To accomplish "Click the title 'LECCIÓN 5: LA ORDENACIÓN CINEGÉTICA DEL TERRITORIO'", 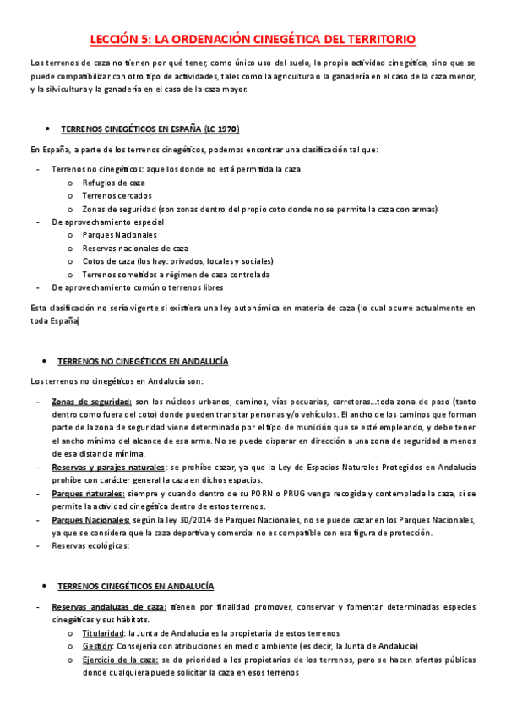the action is click(x=253, y=40).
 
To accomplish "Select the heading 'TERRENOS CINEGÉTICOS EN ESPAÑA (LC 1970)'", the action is click(x=150, y=129).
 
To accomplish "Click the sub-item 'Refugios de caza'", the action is click(x=114, y=182).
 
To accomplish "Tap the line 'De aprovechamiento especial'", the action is click(x=108, y=222).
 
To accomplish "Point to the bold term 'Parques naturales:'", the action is click(x=89, y=493).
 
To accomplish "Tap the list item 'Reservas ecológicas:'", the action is click(x=90, y=546).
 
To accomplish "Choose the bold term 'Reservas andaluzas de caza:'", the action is click(x=109, y=607).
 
